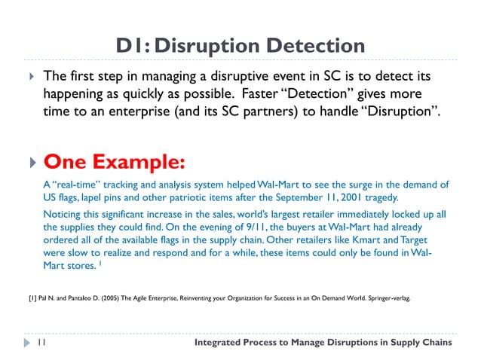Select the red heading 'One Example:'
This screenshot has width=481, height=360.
pos(114,162)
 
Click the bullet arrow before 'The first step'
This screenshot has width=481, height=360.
pos(30,78)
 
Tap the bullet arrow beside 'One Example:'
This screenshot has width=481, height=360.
pos(30,163)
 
